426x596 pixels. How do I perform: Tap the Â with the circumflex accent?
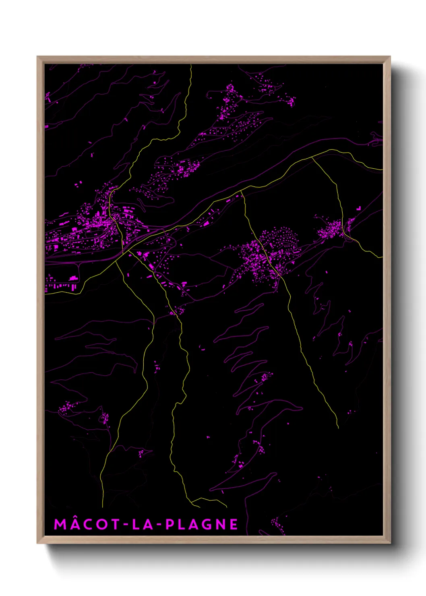[x=74, y=524]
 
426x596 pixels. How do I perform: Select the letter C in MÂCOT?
[x=88, y=524]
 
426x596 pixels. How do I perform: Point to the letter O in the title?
[x=102, y=524]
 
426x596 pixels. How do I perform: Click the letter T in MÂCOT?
[x=115, y=524]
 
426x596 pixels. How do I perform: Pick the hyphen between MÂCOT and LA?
[x=126, y=525]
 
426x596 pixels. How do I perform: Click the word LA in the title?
[x=143, y=524]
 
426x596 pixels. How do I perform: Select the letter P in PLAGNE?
[x=170, y=524]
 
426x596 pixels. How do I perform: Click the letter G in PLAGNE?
[x=206, y=524]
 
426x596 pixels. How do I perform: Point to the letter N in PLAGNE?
[x=220, y=524]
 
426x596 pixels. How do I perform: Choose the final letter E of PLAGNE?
[x=234, y=524]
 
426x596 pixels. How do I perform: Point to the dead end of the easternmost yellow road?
[x=338, y=428]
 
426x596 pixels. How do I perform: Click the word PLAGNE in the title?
[x=202, y=524]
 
